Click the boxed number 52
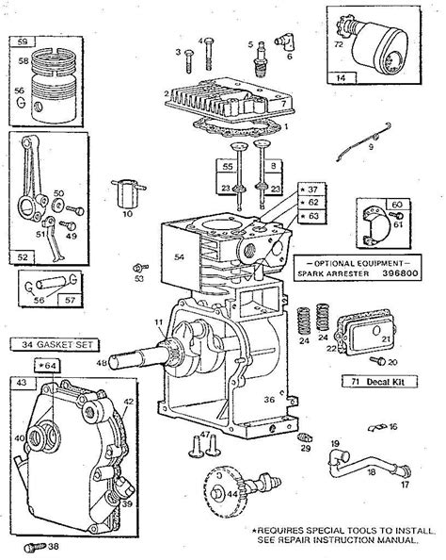point(21,254)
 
